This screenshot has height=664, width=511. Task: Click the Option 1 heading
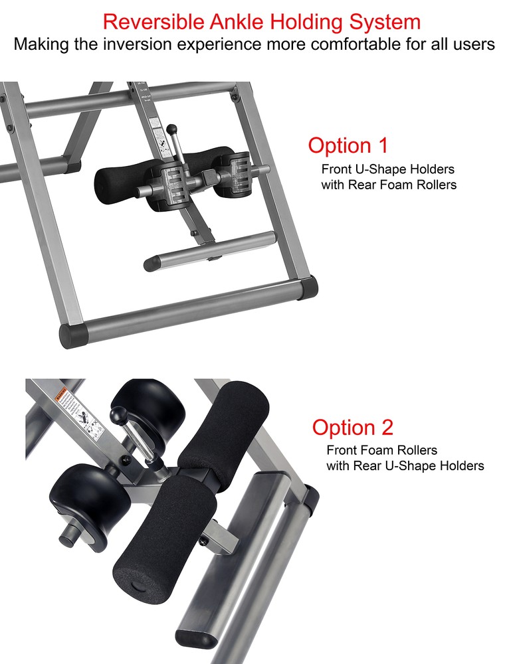point(348,145)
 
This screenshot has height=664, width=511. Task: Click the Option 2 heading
point(353,427)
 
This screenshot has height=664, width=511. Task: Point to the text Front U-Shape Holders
point(388,169)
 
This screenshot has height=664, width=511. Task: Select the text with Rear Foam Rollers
point(389,185)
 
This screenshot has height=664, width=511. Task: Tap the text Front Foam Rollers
point(381,451)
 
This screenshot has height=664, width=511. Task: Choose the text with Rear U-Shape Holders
point(405,466)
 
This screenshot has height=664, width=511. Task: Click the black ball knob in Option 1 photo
point(172,129)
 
